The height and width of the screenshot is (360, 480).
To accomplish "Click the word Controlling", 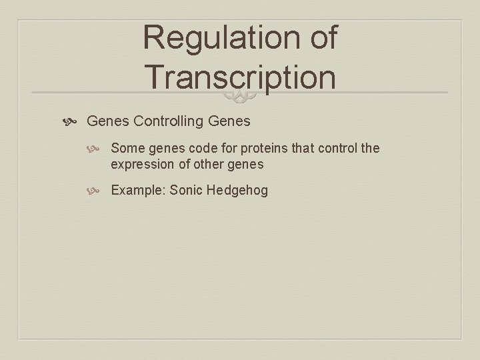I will [169, 121].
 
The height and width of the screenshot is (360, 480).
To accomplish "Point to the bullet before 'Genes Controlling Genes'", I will [73, 122].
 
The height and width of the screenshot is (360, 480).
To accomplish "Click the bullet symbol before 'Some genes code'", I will [98, 149].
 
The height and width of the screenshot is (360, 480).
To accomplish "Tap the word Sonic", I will [186, 191].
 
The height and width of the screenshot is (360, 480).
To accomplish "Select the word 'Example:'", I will [138, 191].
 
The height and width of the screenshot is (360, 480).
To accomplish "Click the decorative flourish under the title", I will [239, 99].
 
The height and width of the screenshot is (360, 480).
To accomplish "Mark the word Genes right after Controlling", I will [229, 121].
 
